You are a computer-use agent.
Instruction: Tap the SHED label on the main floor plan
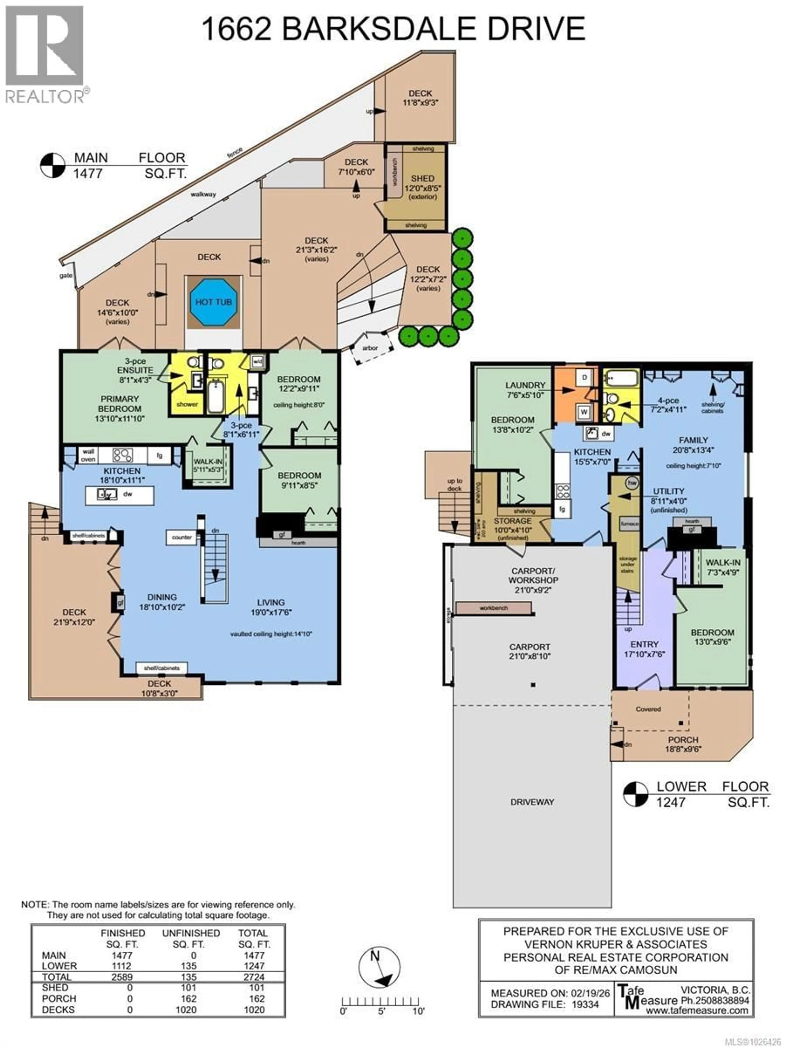[422, 179]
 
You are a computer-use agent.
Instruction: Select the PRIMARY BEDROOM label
[119, 404]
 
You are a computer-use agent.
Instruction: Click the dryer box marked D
[584, 377]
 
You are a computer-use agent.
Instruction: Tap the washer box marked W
[584, 412]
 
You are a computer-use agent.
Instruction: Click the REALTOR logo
[45, 54]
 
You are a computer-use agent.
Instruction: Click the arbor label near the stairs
[370, 348]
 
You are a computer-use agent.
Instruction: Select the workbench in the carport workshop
[493, 608]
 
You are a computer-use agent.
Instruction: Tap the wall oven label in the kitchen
[88, 455]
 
